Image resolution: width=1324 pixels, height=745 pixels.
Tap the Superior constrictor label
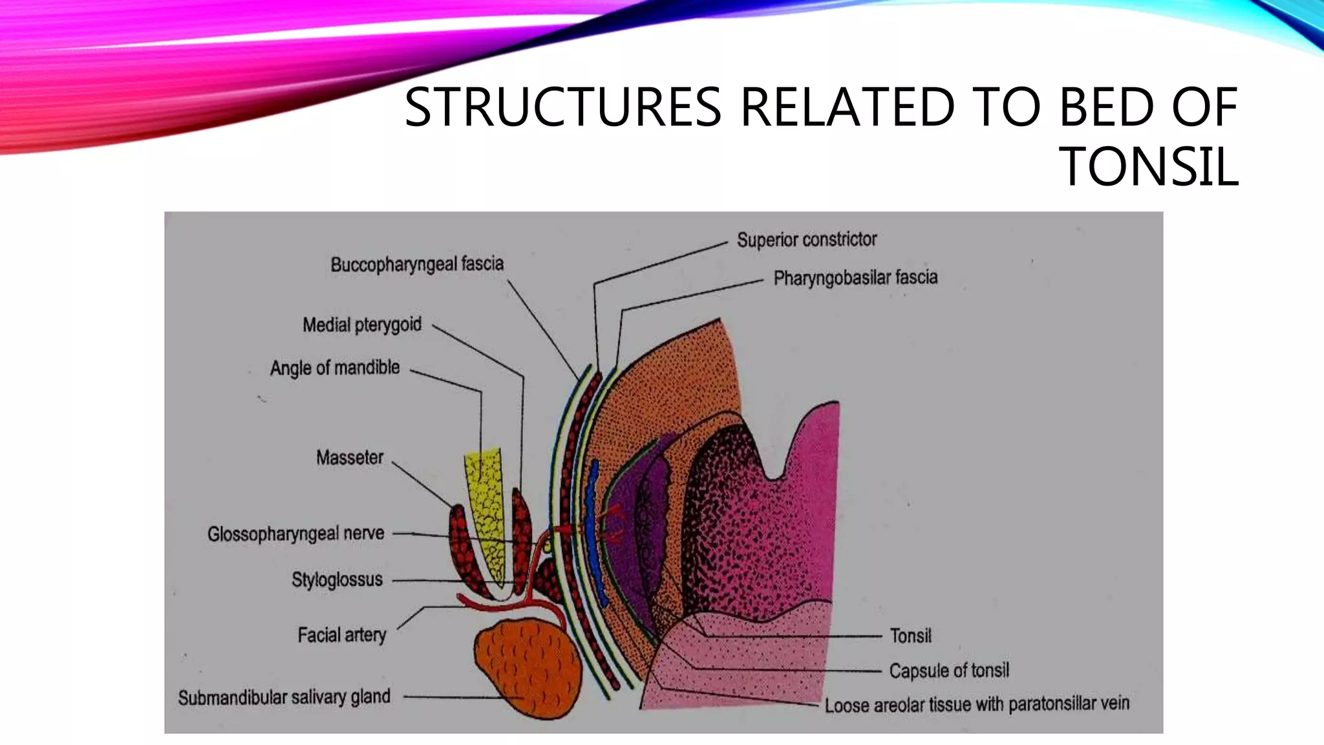pos(806,240)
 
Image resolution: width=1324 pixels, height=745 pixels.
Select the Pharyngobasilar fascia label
pos(855,278)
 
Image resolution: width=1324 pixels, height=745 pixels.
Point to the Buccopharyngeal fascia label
pos(417,265)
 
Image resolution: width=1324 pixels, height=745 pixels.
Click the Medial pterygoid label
pos(362,325)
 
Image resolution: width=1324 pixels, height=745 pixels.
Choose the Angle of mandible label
pos(335,368)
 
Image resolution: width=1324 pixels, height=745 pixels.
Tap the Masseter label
pos(350,458)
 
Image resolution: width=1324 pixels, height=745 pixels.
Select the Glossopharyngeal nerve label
pos(296,534)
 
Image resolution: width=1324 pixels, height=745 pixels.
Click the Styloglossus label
pos(337,579)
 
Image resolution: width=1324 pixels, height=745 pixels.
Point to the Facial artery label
pos(341,635)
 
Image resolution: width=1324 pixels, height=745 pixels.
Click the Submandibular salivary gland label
pos(284,697)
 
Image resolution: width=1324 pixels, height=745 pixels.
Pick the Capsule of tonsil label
pos(948,671)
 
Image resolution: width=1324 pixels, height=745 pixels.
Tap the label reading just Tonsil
pos(910,636)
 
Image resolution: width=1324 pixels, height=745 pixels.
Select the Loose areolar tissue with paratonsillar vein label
pos(977,704)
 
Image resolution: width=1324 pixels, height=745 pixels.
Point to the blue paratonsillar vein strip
pos(593,530)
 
